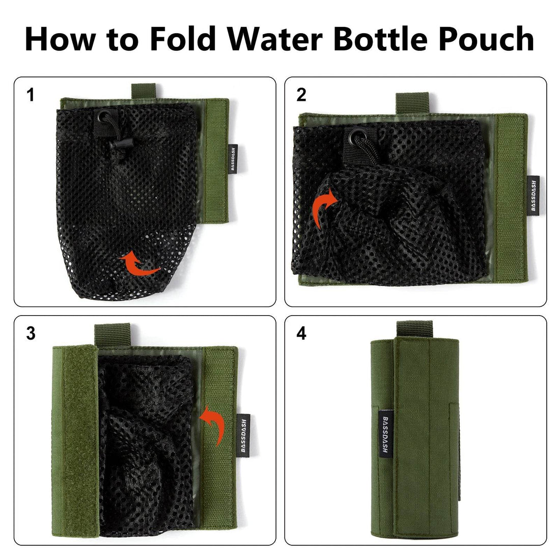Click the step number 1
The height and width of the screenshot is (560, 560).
[x=32, y=95]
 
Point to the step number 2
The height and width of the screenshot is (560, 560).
[x=301, y=95]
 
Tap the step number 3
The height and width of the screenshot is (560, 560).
[x=32, y=334]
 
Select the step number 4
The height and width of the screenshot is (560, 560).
[x=301, y=334]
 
